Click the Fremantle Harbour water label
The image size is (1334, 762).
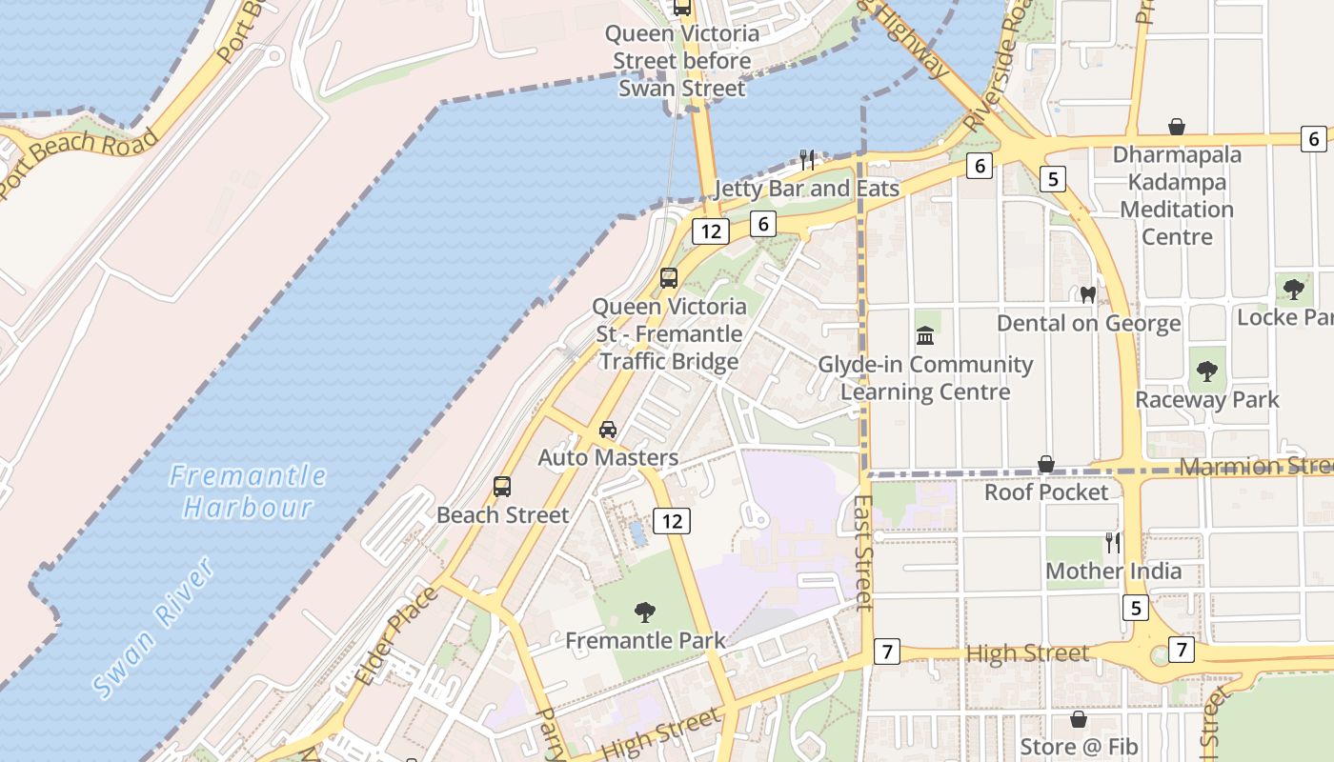(248, 491)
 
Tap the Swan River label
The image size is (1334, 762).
(154, 629)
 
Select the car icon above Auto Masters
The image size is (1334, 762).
(608, 430)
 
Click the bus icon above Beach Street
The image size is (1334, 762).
(502, 487)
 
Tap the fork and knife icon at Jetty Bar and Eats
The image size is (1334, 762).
(807, 159)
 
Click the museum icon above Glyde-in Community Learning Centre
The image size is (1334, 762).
(925, 336)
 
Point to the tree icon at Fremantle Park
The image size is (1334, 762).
(645, 612)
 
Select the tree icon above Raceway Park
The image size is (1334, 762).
(1207, 371)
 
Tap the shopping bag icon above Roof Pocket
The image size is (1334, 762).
(1046, 464)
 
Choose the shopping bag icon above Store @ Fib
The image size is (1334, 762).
(1079, 719)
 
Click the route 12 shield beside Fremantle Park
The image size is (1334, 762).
(672, 521)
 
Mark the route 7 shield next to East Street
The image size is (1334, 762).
(887, 652)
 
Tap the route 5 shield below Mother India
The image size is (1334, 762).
(1135, 608)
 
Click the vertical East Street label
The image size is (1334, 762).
(862, 552)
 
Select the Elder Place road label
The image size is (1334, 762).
(396, 636)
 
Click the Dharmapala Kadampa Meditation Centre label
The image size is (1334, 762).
(1177, 195)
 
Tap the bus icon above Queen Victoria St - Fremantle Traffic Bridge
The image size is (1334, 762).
(669, 278)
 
